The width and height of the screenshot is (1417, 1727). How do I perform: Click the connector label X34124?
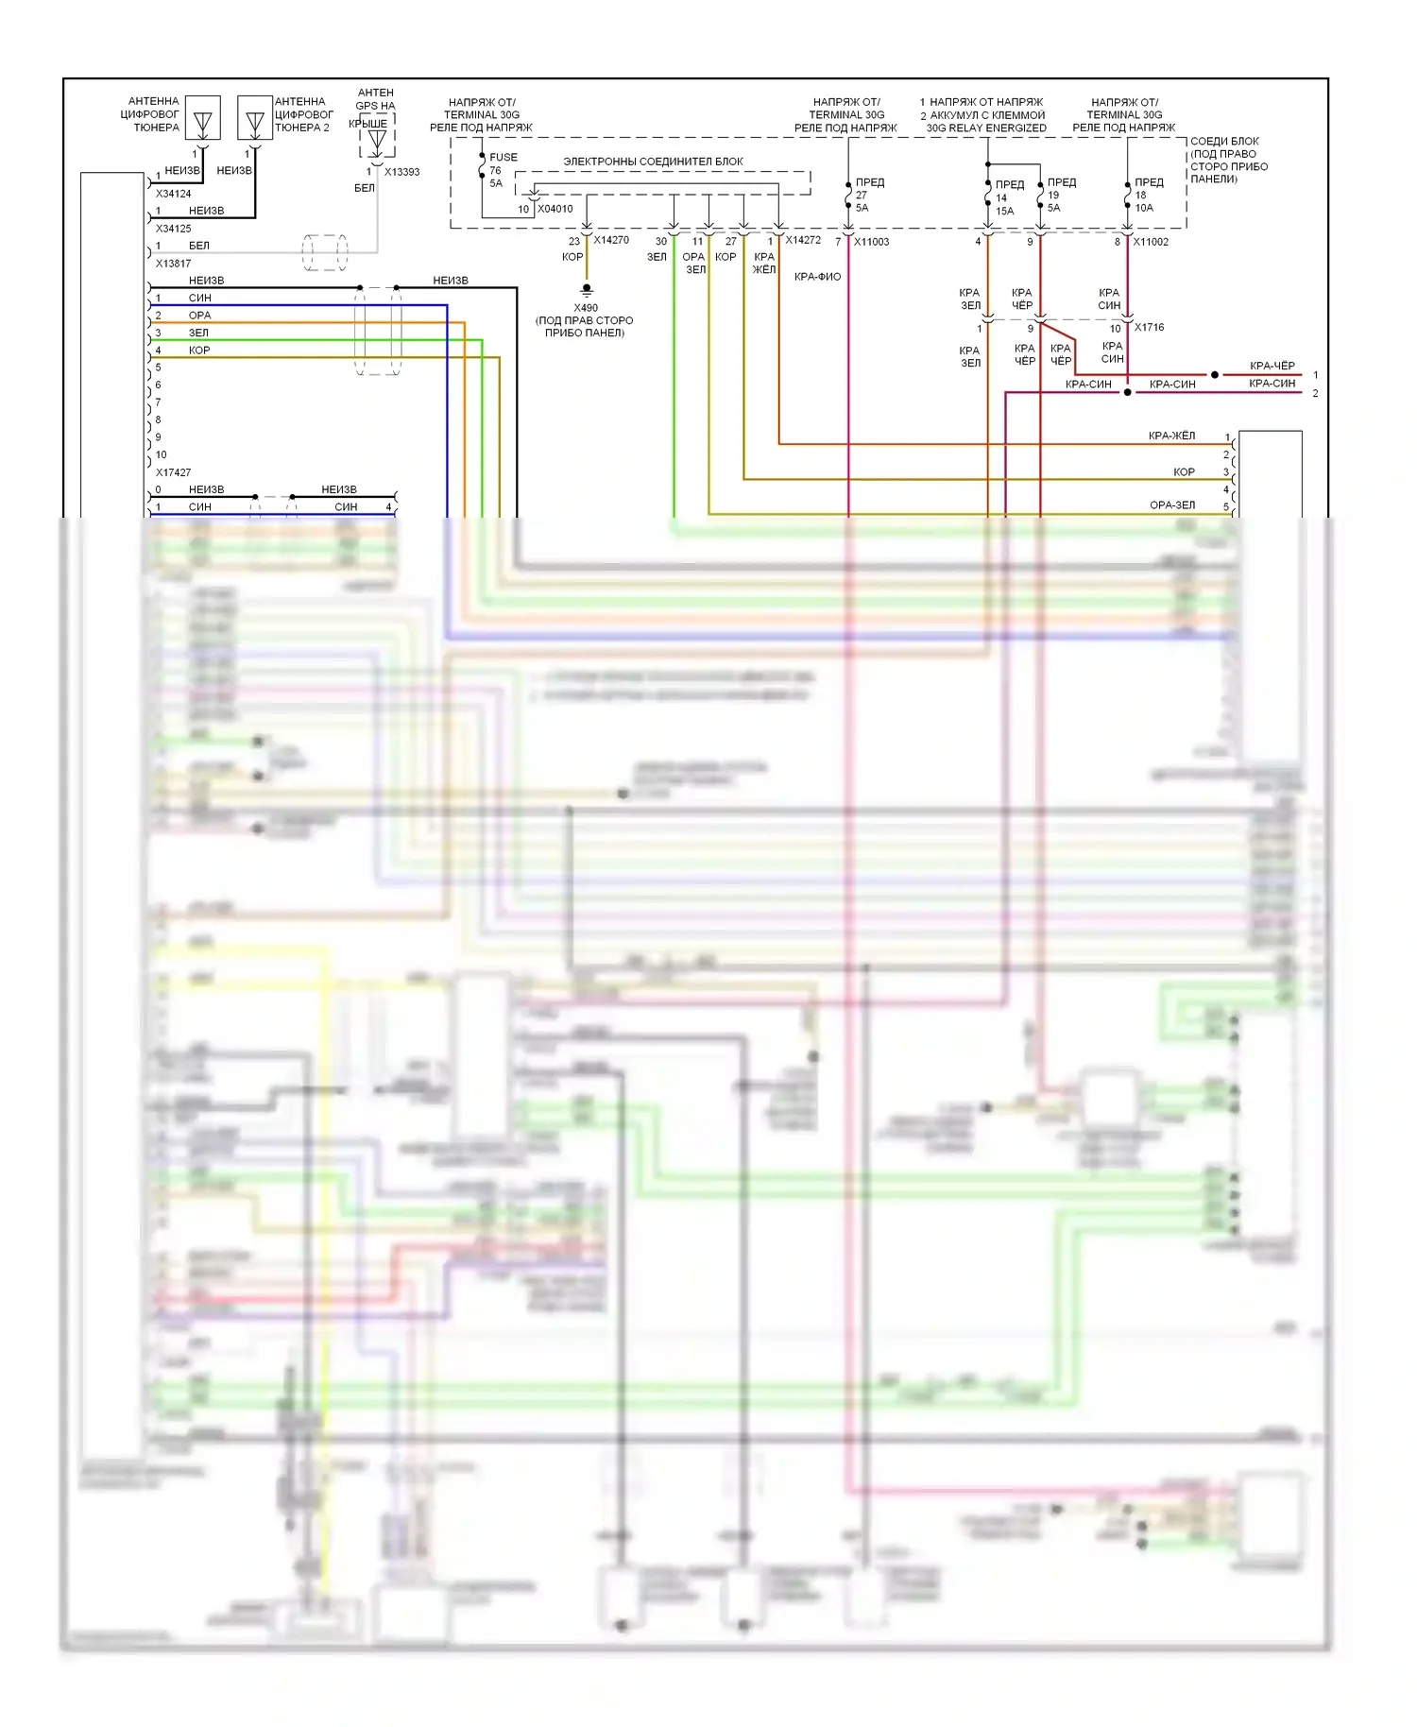click(x=173, y=194)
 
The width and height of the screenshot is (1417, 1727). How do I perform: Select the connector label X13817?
click(x=173, y=264)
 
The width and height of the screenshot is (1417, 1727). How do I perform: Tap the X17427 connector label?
click(x=173, y=472)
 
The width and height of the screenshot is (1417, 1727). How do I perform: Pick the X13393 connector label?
click(x=401, y=172)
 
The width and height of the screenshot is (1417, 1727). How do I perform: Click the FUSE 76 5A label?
click(x=502, y=170)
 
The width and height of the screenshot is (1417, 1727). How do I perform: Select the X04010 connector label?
click(x=555, y=210)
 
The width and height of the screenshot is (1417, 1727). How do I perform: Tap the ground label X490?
click(x=586, y=308)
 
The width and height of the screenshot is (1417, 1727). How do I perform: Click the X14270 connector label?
click(x=611, y=240)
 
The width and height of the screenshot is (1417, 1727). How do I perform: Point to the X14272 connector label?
click(x=803, y=240)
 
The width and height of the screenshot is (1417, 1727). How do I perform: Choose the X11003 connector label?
click(x=871, y=242)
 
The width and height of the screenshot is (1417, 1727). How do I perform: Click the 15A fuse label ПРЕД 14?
click(x=1007, y=197)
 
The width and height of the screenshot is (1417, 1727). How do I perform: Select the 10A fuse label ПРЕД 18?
click(x=1148, y=195)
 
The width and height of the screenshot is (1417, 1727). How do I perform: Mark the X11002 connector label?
click(x=1151, y=242)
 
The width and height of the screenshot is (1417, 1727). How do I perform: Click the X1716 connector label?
click(x=1149, y=328)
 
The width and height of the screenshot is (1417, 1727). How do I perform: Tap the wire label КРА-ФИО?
click(x=817, y=277)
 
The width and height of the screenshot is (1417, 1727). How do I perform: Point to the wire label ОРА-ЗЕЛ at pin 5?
click(x=1172, y=505)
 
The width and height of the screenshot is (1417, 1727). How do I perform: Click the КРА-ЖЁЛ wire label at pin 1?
click(x=1171, y=436)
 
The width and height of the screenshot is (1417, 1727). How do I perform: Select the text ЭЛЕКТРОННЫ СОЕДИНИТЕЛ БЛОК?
click(x=653, y=162)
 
